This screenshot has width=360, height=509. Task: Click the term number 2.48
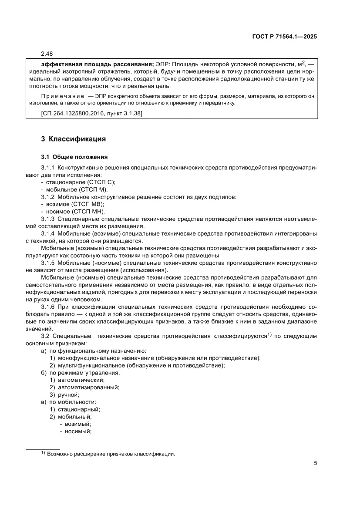click(47, 54)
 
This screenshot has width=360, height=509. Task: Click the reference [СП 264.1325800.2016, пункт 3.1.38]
click(91, 114)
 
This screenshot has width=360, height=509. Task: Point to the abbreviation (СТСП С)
click(103, 182)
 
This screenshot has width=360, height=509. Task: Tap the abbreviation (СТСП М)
click(95, 190)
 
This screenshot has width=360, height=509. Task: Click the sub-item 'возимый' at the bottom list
click(77, 424)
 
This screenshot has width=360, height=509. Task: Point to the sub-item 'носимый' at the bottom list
click(78, 431)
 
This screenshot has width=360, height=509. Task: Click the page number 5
click(315, 463)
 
